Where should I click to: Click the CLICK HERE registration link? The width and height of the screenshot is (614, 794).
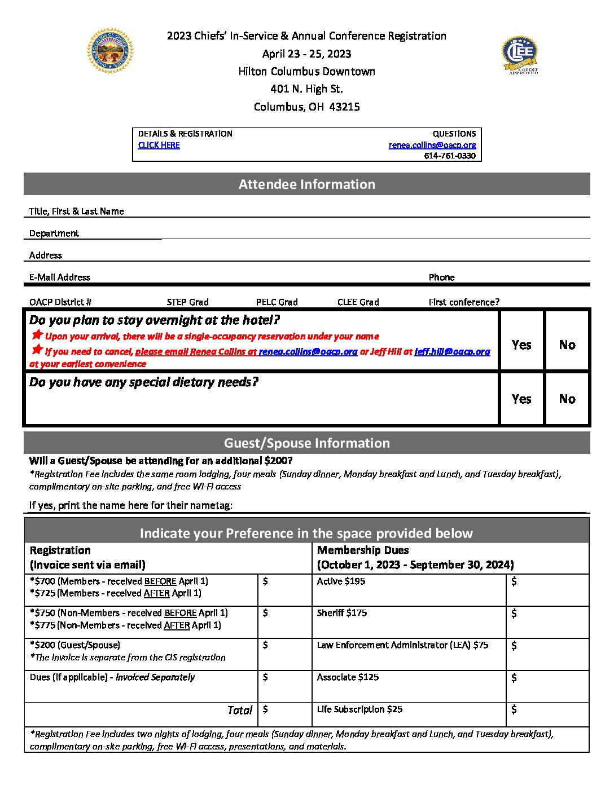(x=159, y=145)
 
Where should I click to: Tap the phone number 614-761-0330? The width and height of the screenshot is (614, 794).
(x=450, y=156)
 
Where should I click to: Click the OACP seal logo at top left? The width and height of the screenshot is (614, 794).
(x=110, y=51)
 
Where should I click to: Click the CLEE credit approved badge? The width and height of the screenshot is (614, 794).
(x=520, y=55)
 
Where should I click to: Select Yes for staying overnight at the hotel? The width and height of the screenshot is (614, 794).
(x=521, y=345)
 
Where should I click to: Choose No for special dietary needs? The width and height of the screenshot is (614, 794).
(x=567, y=399)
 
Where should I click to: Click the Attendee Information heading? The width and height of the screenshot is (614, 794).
(x=306, y=184)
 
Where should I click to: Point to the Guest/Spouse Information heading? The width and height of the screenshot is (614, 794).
(x=306, y=443)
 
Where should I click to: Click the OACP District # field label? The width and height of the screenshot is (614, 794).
(x=60, y=302)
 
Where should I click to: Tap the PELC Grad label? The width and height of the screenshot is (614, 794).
(x=277, y=302)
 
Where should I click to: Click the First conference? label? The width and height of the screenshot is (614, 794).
(x=464, y=302)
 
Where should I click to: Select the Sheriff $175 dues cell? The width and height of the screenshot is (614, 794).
(x=342, y=613)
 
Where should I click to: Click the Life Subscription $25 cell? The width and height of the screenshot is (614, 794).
(x=359, y=709)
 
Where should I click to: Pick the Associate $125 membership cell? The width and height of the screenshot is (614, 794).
(x=348, y=677)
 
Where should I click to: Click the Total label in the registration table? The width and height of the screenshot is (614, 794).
(x=240, y=710)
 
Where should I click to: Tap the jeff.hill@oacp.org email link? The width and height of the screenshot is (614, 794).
(x=452, y=351)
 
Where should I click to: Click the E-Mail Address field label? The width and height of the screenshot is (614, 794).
(x=60, y=277)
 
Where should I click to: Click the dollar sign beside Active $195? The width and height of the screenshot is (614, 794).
(x=514, y=581)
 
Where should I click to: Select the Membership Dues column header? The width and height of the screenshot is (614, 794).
(x=415, y=557)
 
